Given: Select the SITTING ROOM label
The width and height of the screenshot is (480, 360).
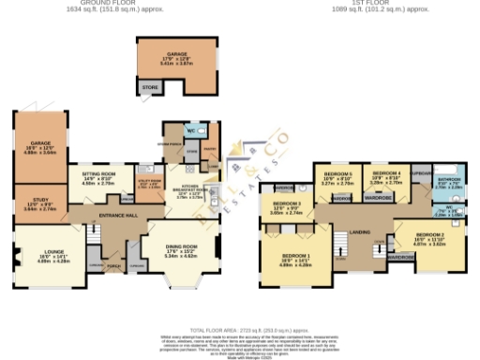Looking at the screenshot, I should (x=98, y=173).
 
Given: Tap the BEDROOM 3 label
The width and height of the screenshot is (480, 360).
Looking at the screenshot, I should (x=287, y=203).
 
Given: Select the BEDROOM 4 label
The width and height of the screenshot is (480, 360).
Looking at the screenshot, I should (x=386, y=174).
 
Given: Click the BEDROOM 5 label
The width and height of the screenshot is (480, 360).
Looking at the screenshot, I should (x=338, y=175).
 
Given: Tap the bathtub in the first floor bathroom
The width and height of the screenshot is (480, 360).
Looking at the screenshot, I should (x=450, y=193).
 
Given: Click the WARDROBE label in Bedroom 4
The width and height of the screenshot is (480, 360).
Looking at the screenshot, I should (x=378, y=198).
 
